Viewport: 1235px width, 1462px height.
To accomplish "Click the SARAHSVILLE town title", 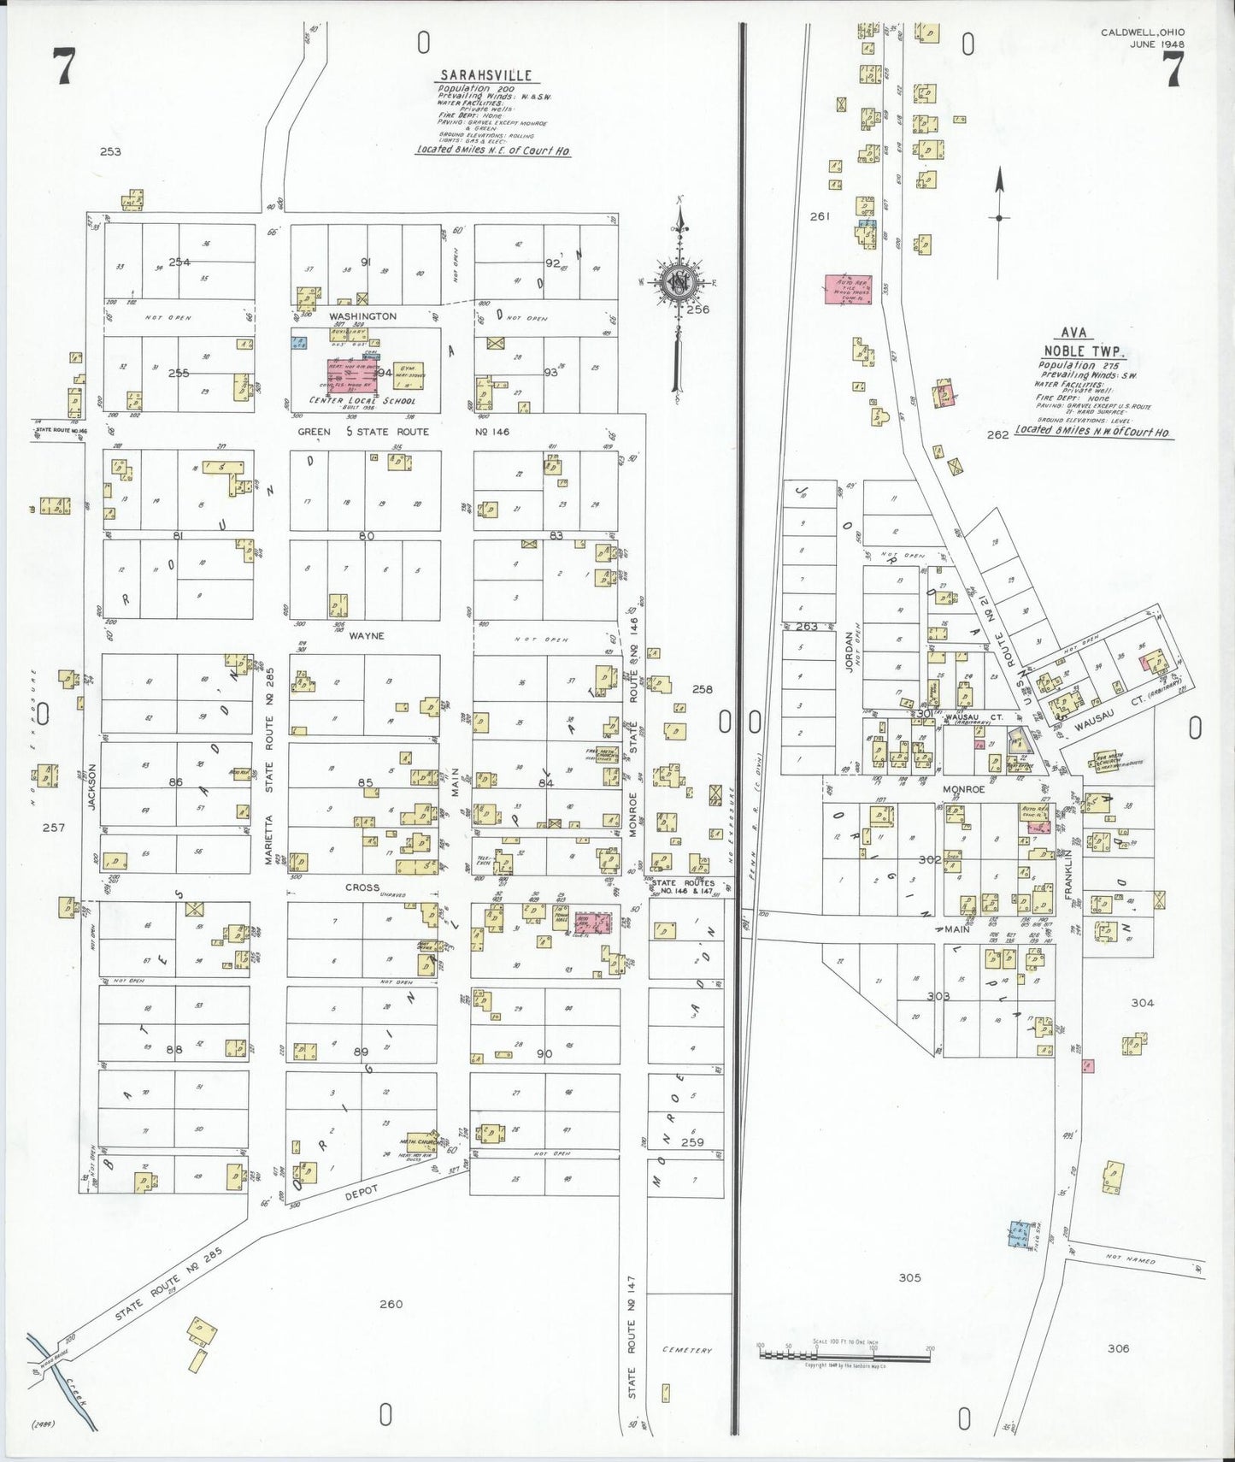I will (x=485, y=75).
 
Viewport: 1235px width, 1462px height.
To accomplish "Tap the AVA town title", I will (x=1073, y=333).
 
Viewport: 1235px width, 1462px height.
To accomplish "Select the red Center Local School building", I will (x=352, y=375).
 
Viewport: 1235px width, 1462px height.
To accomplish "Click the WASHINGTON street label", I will (x=362, y=316).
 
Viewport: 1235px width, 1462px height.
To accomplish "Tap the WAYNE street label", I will (x=367, y=636).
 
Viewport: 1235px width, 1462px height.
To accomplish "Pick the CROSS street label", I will (x=362, y=887).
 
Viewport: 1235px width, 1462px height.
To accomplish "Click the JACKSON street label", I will (x=91, y=787).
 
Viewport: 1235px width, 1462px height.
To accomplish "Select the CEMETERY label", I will (x=686, y=1350).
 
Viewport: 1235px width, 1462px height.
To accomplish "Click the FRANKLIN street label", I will (x=1067, y=873).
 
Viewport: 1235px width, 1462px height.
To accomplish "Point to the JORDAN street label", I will (x=850, y=651).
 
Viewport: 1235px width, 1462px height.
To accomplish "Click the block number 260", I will (x=391, y=1304).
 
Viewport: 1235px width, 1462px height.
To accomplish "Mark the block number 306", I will (x=1118, y=1348).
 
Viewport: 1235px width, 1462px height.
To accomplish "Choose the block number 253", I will (x=110, y=151).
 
